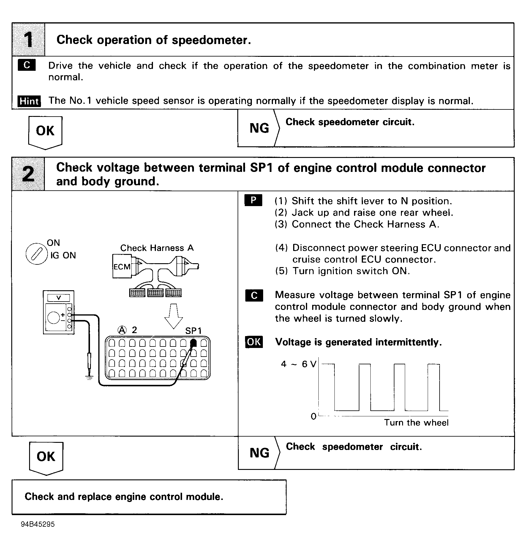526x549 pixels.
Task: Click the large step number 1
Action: click(x=29, y=40)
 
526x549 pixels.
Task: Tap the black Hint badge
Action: click(x=29, y=101)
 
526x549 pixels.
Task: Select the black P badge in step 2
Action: click(x=253, y=200)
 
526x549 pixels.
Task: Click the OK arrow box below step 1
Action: click(x=45, y=131)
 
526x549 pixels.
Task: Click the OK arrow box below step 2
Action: click(x=46, y=457)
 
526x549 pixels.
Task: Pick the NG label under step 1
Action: click(x=259, y=128)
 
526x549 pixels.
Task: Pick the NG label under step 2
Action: click(x=260, y=453)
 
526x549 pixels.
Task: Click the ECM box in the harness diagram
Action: click(x=122, y=266)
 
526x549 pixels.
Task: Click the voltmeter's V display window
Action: click(x=59, y=298)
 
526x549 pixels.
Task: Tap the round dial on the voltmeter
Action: click(x=53, y=318)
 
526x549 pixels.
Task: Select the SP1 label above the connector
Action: click(x=193, y=331)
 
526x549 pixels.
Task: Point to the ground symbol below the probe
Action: click(x=89, y=377)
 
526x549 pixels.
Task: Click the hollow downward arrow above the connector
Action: click(x=174, y=316)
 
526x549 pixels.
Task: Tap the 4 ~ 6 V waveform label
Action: click(x=298, y=364)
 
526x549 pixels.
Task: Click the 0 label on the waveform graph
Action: click(x=313, y=416)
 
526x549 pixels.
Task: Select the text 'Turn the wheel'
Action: click(x=416, y=423)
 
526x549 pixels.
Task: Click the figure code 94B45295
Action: click(x=38, y=524)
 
